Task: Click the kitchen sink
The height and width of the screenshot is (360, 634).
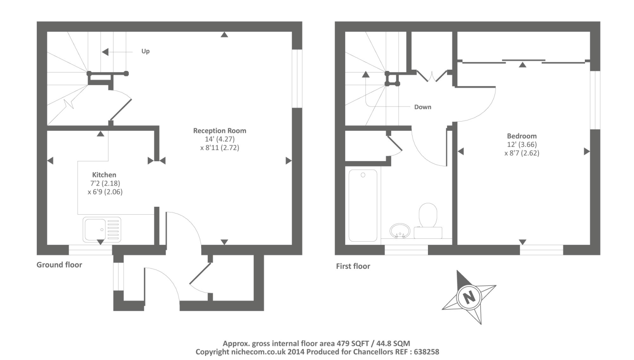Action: pyautogui.click(x=102, y=229)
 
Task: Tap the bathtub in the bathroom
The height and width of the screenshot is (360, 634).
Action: pyautogui.click(x=363, y=205)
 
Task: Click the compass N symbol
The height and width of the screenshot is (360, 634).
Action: pyautogui.click(x=469, y=297)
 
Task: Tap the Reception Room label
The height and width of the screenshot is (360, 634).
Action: pyautogui.click(x=220, y=131)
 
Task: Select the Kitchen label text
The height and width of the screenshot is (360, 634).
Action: pyautogui.click(x=104, y=175)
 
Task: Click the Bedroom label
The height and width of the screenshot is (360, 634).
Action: pyautogui.click(x=522, y=136)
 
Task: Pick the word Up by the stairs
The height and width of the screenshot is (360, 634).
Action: pyautogui.click(x=145, y=51)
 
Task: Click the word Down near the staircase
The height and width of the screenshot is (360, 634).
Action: pyautogui.click(x=422, y=107)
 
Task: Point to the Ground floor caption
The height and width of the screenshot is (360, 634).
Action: pyautogui.click(x=59, y=265)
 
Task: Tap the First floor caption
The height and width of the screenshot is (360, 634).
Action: pyautogui.click(x=353, y=266)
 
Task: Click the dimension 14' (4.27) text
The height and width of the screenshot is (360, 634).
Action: pyautogui.click(x=220, y=139)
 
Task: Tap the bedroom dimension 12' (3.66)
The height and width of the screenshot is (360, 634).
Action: pyautogui.click(x=522, y=145)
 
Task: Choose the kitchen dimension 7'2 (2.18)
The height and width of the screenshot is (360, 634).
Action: pyautogui.click(x=105, y=183)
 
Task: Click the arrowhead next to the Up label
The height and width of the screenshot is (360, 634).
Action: pyautogui.click(x=105, y=52)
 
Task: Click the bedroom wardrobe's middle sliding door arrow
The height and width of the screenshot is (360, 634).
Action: pyautogui.click(x=523, y=64)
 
